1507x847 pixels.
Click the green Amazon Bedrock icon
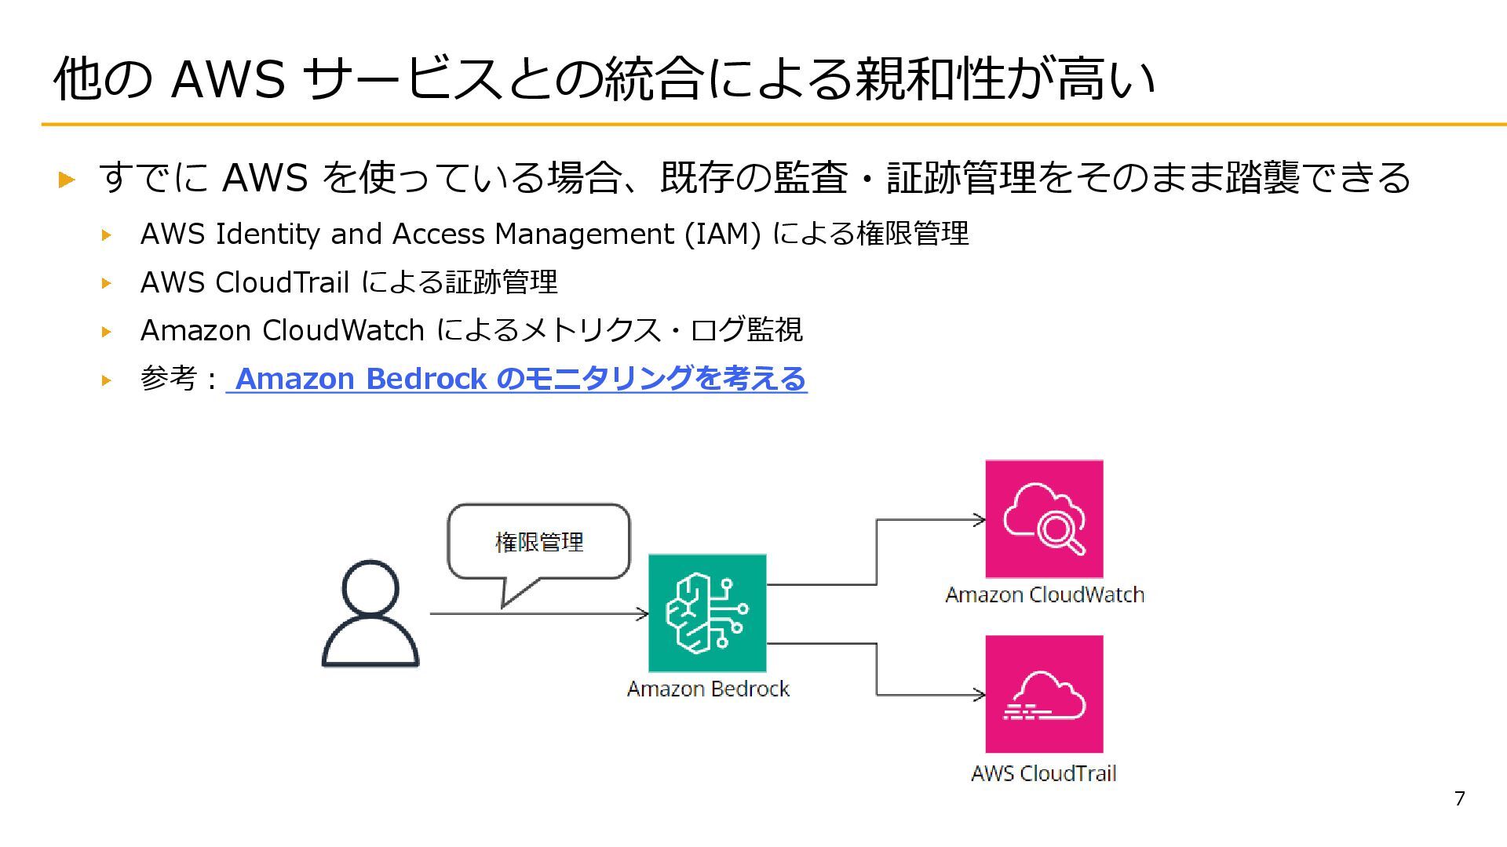coord(707,613)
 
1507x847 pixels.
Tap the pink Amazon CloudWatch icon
coord(1044,519)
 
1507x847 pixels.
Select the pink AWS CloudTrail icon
coord(1044,694)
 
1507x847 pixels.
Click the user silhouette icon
coord(370,613)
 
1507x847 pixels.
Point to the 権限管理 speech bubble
coord(538,542)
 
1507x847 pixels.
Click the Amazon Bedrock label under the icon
coord(708,689)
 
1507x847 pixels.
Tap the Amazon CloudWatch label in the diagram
coord(1044,594)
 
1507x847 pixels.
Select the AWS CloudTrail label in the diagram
coord(1043,773)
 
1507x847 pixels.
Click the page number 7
coord(1459,798)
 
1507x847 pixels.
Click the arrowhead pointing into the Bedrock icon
coord(643,613)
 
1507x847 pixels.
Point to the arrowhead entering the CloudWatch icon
coord(979,519)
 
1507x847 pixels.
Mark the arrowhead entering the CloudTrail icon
coord(979,694)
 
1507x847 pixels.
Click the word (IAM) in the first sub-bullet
coord(722,234)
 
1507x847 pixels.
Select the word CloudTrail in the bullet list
coord(283,282)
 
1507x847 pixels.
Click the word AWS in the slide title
coord(228,79)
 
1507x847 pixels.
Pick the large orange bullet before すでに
coord(68,179)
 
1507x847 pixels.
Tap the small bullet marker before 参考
coord(107,380)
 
